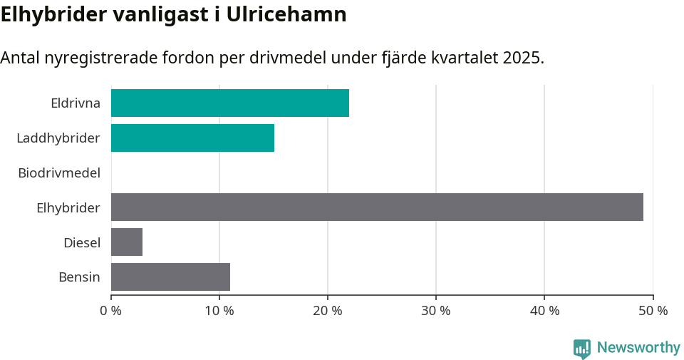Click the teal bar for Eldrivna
[229, 103]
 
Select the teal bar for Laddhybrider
[192, 138]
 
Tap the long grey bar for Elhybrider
[377, 207]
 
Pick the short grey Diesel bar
[127, 242]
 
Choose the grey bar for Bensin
[170, 277]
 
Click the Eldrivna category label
[75, 103]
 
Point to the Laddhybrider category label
[58, 138]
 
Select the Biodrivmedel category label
[59, 173]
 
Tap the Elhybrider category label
[68, 207]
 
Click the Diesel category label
[81, 242]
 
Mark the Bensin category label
[79, 277]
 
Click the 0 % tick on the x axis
[111, 311]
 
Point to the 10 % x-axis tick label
[219, 311]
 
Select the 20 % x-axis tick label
[328, 311]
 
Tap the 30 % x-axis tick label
[436, 311]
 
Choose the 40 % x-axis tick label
[544, 311]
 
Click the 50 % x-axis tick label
[653, 311]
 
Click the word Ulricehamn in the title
[286, 14]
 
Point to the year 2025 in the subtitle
[522, 58]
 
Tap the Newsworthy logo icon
[582, 348]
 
